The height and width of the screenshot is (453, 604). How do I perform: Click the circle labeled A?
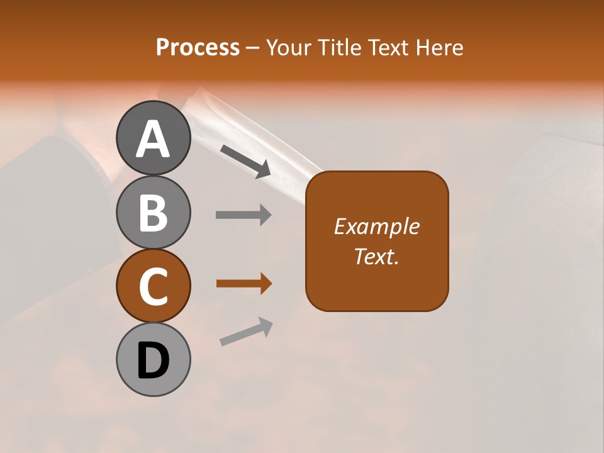(154, 138)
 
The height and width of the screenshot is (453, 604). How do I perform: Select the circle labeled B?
(154, 212)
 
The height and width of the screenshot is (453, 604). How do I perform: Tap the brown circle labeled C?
(154, 286)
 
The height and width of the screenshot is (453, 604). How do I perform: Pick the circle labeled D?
(154, 359)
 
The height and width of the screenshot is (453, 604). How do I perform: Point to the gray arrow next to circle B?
(243, 215)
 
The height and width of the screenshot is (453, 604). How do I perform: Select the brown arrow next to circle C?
(243, 284)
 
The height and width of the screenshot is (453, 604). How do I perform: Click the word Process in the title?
(198, 47)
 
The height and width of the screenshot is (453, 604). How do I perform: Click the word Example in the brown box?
(376, 226)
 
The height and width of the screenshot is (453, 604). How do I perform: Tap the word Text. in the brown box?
(376, 256)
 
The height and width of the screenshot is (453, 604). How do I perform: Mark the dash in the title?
(252, 48)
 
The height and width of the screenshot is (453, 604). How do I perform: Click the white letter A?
(154, 138)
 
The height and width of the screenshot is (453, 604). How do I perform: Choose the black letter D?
(154, 361)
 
